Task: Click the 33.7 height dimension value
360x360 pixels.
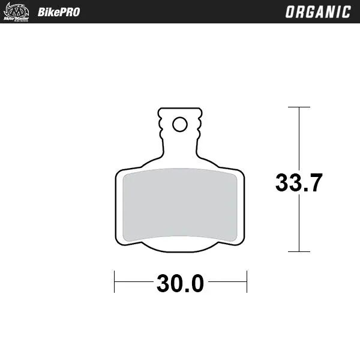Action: coord(299,182)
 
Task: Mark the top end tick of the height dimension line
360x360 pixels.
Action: coord(299,107)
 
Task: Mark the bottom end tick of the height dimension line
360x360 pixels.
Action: coord(299,252)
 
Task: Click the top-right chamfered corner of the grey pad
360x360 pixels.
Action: coord(234,175)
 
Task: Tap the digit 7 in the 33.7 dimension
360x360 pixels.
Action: coord(316,182)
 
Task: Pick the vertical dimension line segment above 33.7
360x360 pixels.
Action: coord(299,138)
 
